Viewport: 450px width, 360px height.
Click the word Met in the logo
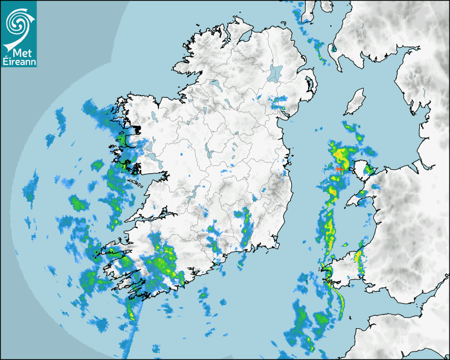point(19,53)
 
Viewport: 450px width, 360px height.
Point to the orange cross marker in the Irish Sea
point(338,168)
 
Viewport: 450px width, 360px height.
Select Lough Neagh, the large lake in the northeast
point(275,73)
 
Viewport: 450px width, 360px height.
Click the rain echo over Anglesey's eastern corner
point(371,169)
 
